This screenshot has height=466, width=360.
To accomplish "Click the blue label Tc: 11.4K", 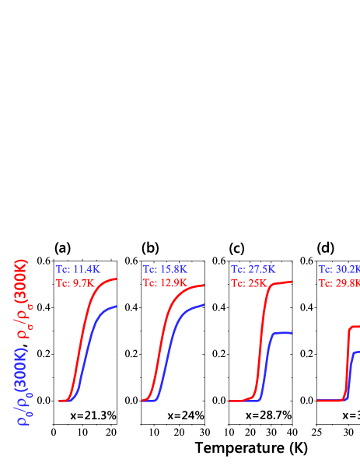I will pos(77,269).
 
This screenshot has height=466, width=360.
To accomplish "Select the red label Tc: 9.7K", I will pos(74,283).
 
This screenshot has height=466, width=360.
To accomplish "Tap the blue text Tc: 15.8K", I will pos(164,269).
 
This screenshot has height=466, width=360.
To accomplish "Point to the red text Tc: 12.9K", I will pos(164,283).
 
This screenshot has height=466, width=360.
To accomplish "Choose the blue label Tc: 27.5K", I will pos(253,269).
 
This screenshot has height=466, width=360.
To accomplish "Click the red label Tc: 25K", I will pos(248,283).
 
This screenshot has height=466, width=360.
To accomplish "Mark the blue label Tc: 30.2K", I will pos(338,269).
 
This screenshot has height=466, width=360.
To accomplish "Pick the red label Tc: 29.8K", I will pos(338,283).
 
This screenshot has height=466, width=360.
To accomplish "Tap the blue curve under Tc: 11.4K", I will pos(87,350).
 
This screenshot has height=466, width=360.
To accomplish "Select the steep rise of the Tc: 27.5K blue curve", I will pos(267,366).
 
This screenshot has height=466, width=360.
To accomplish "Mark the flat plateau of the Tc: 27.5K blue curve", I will pos(281,333).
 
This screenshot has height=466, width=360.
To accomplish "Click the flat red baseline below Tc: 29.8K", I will pos(330,400).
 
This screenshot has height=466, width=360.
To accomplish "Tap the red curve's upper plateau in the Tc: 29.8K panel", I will pos(355,327).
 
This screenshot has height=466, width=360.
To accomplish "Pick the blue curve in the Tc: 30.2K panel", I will pos(352,366).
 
